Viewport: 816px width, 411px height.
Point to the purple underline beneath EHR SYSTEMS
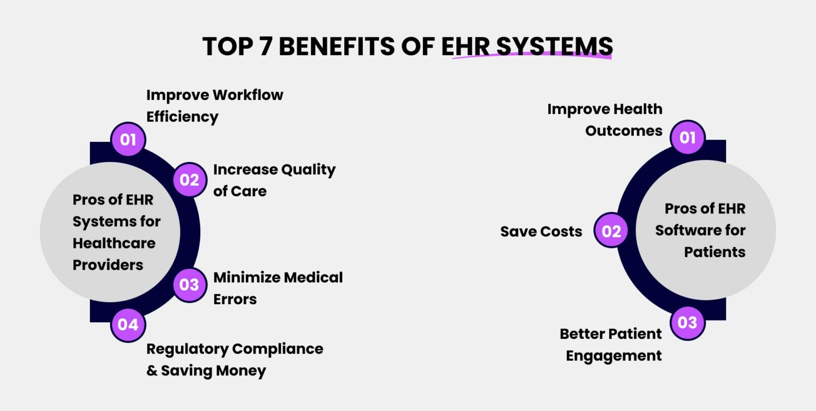[x=531, y=57]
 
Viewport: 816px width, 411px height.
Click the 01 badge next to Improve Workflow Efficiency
[x=128, y=140]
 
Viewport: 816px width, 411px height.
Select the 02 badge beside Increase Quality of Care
[x=189, y=180]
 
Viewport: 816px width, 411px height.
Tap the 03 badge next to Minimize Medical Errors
[x=189, y=285]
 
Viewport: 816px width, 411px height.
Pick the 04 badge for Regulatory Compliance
[x=128, y=324]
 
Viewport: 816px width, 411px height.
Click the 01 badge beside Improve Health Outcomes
[x=687, y=138]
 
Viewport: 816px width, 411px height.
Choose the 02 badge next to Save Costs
[x=611, y=230]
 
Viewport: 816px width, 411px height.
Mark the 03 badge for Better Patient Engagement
[x=687, y=322]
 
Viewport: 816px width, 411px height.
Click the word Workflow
[x=248, y=95]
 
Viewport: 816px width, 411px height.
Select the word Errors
[x=235, y=299]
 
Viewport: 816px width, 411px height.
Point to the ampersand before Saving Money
[x=152, y=371]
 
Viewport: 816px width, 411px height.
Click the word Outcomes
[x=624, y=131]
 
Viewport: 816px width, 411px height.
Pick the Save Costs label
[x=541, y=232]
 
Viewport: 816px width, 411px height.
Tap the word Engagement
[x=614, y=355]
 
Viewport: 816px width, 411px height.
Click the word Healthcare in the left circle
[x=114, y=243]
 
